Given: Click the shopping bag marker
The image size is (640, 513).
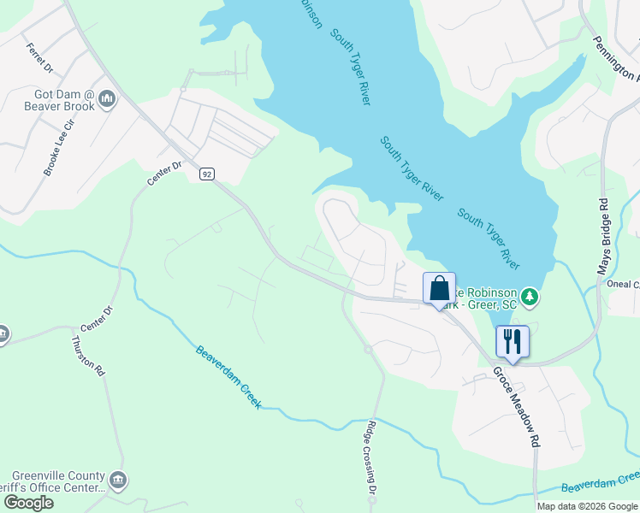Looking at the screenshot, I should pos(439,287).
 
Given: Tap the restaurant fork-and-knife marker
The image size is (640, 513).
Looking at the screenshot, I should pos(512,340).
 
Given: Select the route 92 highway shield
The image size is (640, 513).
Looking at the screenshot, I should pos(207,174).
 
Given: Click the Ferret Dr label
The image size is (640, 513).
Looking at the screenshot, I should pos(39,57).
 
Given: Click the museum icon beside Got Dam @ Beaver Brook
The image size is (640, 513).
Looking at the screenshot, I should pos(107,99).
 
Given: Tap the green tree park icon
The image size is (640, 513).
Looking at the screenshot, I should pos(531,297).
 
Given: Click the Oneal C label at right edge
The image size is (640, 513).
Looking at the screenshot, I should pos(622,285).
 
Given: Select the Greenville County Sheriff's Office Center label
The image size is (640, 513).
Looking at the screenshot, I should pos(57,482).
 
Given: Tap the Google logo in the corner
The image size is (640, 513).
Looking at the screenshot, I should pos(27,503).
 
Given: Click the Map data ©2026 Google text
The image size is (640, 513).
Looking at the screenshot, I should pos(587,506).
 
